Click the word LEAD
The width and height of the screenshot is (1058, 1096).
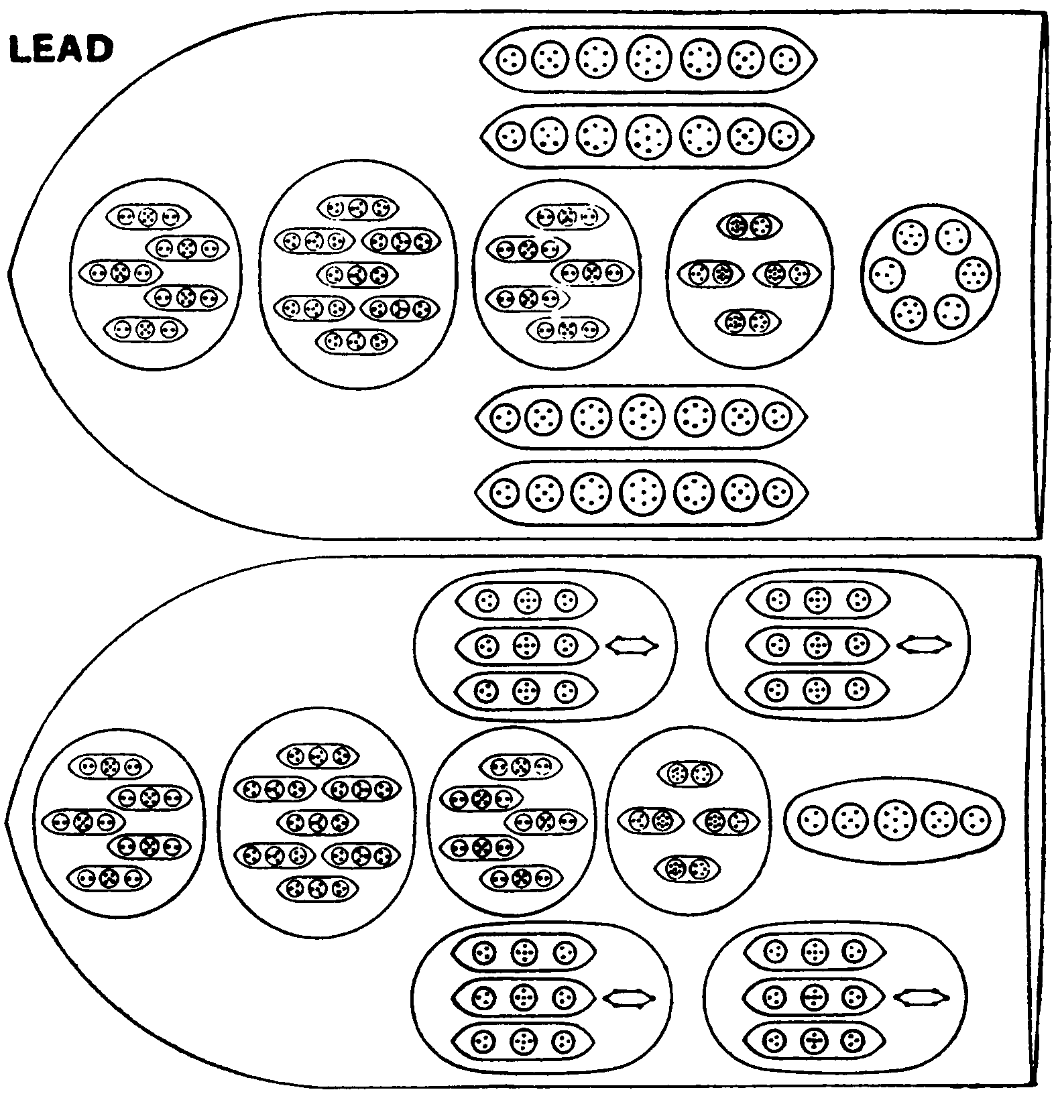60,50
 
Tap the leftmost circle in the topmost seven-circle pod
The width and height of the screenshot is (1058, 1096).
512,59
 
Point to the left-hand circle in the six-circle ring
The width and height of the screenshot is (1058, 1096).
888,274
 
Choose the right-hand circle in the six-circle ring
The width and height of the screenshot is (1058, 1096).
974,274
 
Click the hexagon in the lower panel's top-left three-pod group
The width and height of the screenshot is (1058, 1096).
632,646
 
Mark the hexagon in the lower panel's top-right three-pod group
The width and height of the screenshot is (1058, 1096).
925,645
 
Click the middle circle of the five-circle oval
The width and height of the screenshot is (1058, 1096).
894,819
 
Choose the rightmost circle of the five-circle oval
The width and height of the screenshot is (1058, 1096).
975,819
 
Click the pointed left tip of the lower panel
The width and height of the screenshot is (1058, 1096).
7,820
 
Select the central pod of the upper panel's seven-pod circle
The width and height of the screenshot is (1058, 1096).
357,274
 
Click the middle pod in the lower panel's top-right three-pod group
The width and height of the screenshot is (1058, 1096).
817,645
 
